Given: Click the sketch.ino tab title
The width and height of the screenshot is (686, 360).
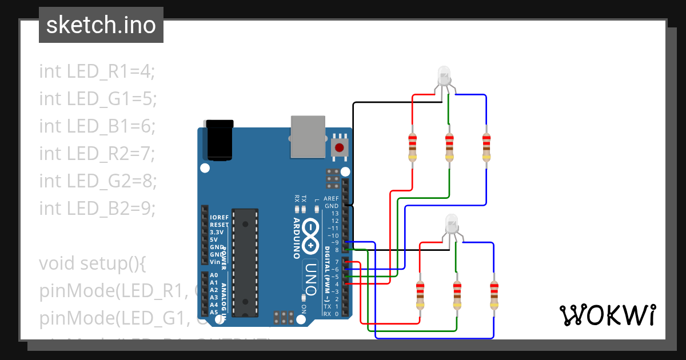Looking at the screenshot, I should pos(101,25).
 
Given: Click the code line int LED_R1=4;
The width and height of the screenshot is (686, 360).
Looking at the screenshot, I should pos(97,71).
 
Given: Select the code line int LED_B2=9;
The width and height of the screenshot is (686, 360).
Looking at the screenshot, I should pos(97,208).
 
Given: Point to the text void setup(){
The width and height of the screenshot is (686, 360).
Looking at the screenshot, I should pos(93,263).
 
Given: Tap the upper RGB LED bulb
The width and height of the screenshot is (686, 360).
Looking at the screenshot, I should pos(444,75).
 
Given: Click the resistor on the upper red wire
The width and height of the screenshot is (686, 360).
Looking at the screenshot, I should pos(412,147).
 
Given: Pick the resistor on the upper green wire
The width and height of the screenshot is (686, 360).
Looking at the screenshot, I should pos(449,147).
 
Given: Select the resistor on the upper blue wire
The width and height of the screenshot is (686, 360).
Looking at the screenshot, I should pos(486,147).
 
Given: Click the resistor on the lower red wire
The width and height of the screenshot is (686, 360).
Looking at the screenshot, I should pos(420,295).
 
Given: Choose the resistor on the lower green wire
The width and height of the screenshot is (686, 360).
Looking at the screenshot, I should pos(457,295).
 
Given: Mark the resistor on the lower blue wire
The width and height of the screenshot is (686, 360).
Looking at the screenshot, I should pos(494,295).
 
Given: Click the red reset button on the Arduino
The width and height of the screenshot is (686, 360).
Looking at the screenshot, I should pos(340,147).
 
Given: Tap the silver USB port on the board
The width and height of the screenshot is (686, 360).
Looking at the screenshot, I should pos(308,136).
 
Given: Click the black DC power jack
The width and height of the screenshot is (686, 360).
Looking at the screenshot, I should pos(220,139).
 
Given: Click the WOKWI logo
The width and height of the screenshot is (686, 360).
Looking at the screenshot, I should pos(607,315).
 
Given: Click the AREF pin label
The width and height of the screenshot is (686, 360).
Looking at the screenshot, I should pos(331,198).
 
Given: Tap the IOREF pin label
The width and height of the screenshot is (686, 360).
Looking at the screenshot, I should pos(219,218).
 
